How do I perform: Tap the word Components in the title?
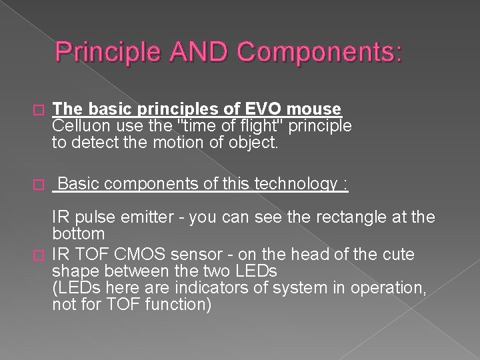pyautogui.click(x=311, y=51)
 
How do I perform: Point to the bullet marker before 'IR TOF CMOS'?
pyautogui.click(x=37, y=255)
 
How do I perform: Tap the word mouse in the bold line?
pyautogui.click(x=317, y=109)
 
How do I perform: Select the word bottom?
pyautogui.click(x=79, y=234)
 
